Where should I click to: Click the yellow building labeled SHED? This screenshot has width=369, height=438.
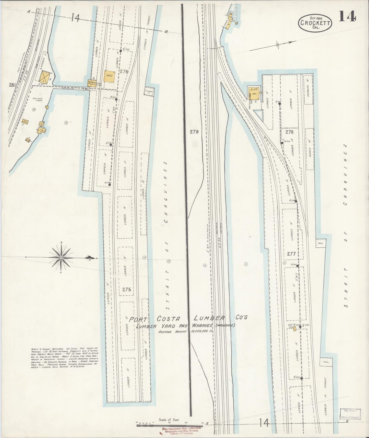(x=109, y=76)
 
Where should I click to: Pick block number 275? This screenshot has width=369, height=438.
(x=126, y=290)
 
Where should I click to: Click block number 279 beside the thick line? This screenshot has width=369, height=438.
(x=194, y=132)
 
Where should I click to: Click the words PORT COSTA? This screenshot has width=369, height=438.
(x=155, y=319)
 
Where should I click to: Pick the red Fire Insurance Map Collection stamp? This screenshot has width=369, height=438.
(x=182, y=430)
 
